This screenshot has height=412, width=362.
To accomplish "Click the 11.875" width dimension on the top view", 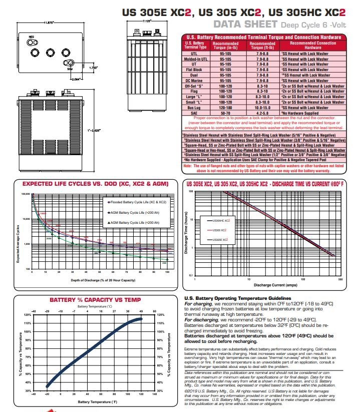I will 49,23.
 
